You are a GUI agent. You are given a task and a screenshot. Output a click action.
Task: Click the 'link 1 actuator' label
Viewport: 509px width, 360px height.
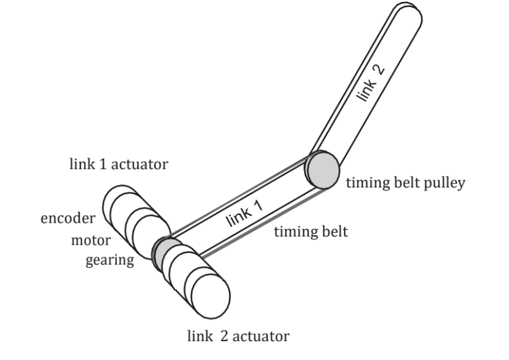119,165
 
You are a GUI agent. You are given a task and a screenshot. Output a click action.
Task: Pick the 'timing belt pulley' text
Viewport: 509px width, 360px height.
405,183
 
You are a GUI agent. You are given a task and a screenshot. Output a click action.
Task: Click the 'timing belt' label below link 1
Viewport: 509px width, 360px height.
310,232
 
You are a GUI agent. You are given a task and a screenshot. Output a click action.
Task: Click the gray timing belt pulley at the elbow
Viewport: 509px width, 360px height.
322,170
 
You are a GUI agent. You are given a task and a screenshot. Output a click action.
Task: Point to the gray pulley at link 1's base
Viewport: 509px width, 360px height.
166,251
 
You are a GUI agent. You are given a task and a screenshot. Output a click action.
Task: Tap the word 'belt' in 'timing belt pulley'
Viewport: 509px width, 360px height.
407,183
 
